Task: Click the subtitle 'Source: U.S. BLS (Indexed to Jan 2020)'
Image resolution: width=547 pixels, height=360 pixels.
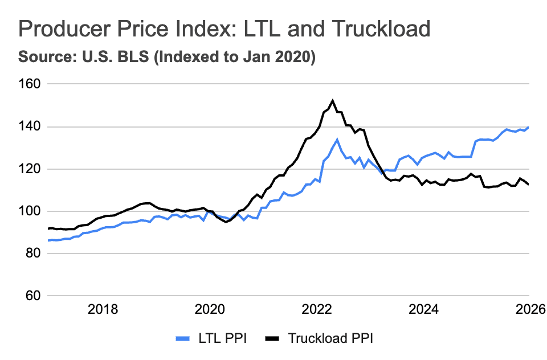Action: pos(166,58)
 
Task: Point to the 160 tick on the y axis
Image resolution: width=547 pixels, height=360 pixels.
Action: pos(30,84)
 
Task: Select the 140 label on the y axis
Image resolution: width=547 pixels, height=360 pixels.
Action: pos(30,126)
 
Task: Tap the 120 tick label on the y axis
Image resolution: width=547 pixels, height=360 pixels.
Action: pos(30,169)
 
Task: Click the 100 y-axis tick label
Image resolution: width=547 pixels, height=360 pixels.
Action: pos(30,211)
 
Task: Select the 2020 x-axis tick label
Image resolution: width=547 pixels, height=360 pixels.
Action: pos(210,310)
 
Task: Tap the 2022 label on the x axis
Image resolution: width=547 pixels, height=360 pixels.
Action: pos(317,310)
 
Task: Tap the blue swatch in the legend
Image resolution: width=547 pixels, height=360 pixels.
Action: pos(183,339)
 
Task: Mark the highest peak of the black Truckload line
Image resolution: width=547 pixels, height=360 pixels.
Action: pos(333,101)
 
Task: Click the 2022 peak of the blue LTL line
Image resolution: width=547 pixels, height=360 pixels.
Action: pos(337,139)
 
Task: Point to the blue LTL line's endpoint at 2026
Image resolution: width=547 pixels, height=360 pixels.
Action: pos(529,127)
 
